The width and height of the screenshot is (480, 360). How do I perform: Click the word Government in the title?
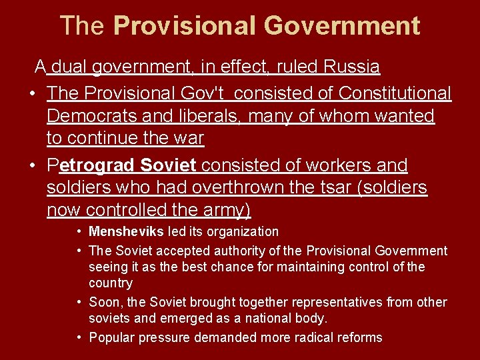[x=342, y=26]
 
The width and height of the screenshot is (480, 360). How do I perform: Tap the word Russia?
[x=352, y=67]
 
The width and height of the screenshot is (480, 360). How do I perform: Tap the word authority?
[x=261, y=251]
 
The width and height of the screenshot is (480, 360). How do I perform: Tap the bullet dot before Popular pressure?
[x=79, y=337]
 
